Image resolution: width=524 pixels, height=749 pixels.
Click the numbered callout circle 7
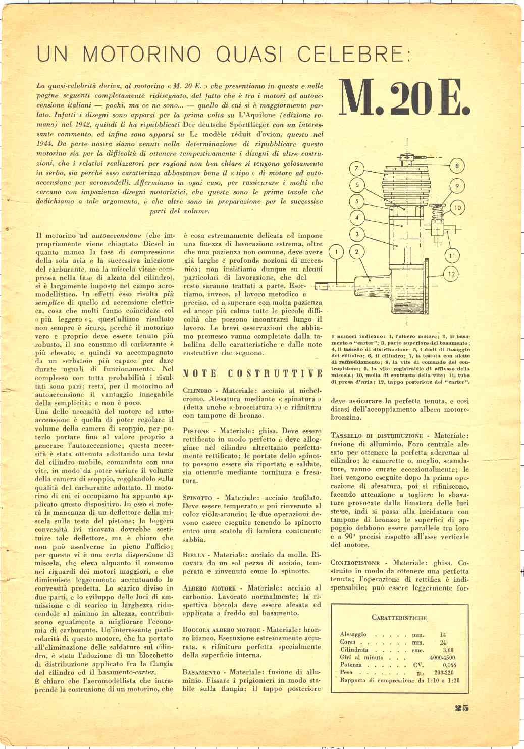click(x=356, y=168)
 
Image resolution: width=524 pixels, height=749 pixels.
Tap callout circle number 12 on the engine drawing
click(x=451, y=274)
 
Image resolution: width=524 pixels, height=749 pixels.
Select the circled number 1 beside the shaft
click(x=337, y=251)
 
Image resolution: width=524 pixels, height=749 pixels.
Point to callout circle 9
click(x=457, y=186)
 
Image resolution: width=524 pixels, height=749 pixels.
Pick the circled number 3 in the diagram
click(x=357, y=234)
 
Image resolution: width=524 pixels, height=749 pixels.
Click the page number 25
click(x=461, y=707)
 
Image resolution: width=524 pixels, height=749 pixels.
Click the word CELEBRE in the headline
click(x=350, y=54)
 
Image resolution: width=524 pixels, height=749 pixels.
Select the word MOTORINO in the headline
click(x=142, y=54)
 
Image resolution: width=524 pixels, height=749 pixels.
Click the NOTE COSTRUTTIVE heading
click(x=252, y=373)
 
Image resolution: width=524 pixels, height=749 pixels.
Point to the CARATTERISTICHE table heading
click(x=399, y=617)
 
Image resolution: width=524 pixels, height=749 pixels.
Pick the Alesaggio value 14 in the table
click(x=443, y=635)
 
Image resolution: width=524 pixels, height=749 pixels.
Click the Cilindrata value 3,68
click(x=448, y=650)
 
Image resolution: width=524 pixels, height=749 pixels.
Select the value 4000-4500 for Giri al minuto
click(x=442, y=658)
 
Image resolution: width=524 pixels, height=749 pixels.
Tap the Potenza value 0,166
click(x=449, y=665)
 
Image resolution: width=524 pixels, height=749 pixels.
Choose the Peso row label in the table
click(x=346, y=672)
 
